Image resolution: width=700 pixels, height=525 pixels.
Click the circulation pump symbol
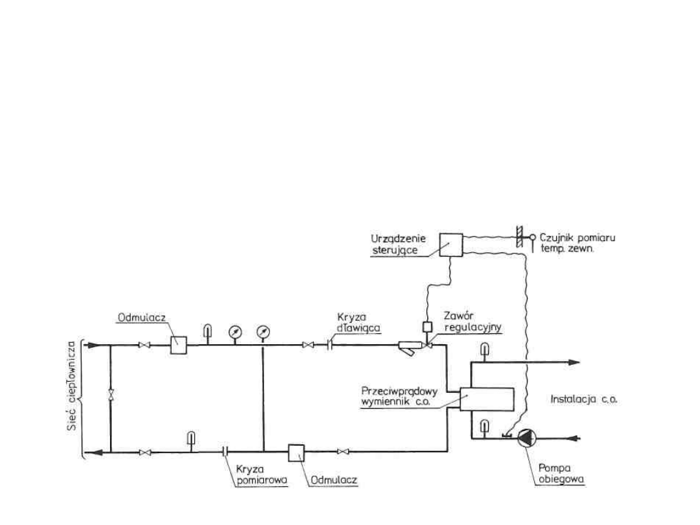click(x=527, y=438)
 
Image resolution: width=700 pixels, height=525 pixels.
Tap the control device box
click(x=451, y=244)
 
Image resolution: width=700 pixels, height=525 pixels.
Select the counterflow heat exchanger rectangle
click(x=487, y=399)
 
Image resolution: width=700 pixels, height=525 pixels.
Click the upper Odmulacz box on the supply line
click(x=179, y=345)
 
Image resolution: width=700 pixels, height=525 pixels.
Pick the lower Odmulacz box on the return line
click(x=296, y=452)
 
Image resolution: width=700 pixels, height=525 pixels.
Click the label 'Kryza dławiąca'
click(x=358, y=322)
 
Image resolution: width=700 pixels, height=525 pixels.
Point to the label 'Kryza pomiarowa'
click(x=262, y=474)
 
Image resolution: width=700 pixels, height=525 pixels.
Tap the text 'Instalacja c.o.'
click(x=584, y=399)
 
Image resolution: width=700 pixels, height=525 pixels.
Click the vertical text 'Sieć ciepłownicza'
click(x=73, y=386)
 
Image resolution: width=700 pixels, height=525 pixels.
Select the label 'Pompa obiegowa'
click(x=561, y=474)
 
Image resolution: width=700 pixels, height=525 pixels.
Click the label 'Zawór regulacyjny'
click(x=472, y=321)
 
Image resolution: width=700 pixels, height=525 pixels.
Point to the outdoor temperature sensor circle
click(x=533, y=237)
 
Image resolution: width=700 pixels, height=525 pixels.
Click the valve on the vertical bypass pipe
click(x=111, y=394)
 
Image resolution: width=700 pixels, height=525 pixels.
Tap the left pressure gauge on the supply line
click(x=235, y=332)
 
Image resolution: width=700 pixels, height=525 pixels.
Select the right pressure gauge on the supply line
click(x=263, y=332)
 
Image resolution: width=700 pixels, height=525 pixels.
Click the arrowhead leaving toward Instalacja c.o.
click(x=574, y=362)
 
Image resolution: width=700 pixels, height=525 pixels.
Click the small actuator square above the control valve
click(x=427, y=327)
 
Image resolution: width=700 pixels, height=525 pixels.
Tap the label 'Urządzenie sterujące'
click(x=398, y=244)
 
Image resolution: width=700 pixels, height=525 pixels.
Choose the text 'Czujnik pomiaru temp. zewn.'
click(x=577, y=243)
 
